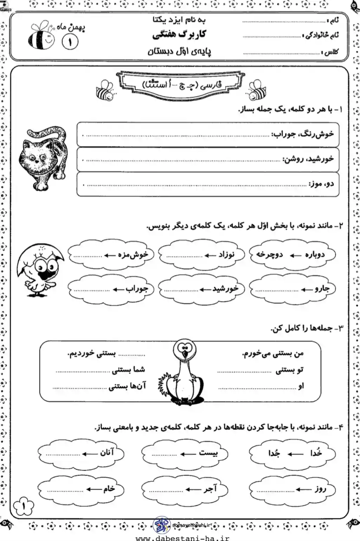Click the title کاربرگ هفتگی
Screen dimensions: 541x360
pos(179,34)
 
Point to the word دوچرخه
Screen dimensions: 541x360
pos(269,254)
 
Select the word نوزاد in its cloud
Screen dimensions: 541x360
pos(226,254)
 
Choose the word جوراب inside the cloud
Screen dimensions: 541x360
pos(137,289)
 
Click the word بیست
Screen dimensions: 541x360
pos(208,453)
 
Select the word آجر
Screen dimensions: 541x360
pos(210,489)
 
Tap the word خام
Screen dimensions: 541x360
pos(109,489)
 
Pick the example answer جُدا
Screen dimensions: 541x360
pos(274,453)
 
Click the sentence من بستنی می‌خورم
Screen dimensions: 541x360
pos(272,354)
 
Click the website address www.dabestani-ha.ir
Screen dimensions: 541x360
pos(182,537)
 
